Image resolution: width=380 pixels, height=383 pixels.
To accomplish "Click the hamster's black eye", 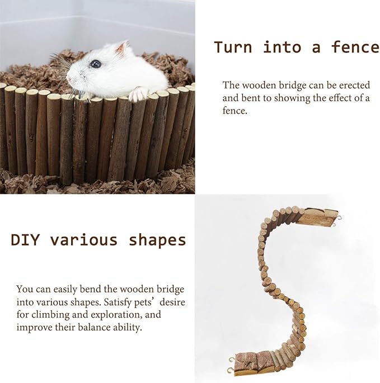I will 96,64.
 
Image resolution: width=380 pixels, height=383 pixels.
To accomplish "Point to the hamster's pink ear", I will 120,49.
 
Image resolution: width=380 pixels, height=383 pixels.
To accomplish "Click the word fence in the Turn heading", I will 355,47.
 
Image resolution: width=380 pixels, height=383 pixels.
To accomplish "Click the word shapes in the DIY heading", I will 157,240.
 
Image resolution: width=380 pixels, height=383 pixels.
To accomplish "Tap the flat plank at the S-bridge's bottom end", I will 251,361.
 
